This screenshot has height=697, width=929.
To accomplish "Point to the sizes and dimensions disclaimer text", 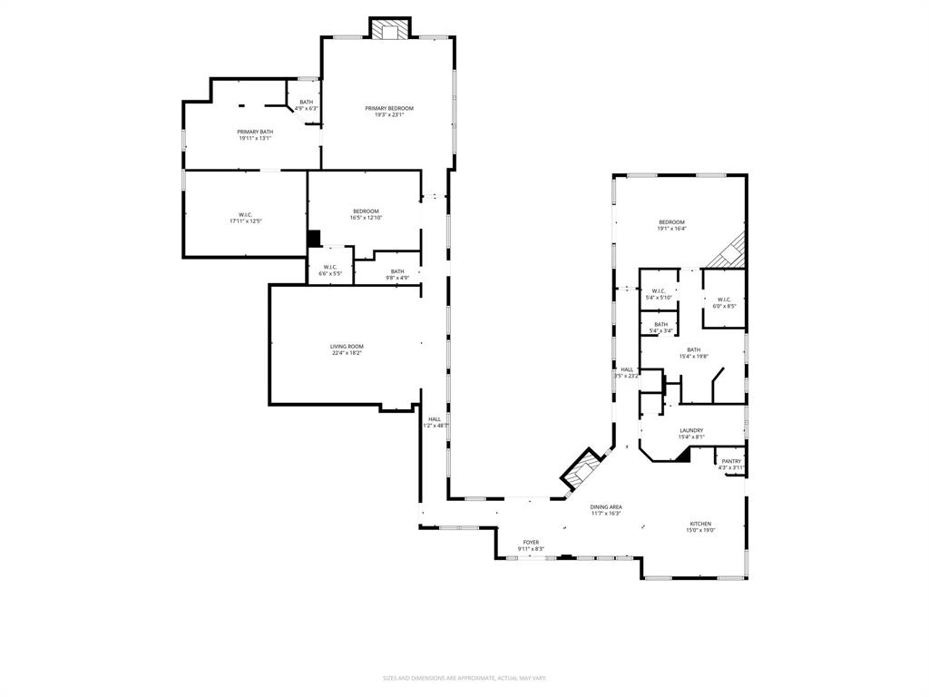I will coord(464,678).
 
